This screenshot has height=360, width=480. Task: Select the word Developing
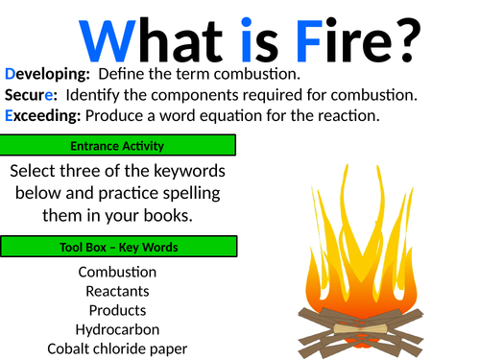(x=47, y=74)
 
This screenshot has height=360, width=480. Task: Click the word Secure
(x=33, y=95)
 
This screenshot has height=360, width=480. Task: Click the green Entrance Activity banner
(x=117, y=146)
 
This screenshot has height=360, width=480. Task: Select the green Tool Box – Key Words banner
(x=117, y=248)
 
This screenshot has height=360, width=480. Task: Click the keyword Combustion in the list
(x=117, y=272)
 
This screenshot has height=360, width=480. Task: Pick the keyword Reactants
(x=117, y=291)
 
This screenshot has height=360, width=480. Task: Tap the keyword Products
(x=117, y=310)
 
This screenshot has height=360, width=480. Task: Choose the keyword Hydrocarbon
(x=117, y=329)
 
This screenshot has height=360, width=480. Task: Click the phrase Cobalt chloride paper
(x=117, y=348)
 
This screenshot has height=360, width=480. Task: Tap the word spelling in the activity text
(x=195, y=193)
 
